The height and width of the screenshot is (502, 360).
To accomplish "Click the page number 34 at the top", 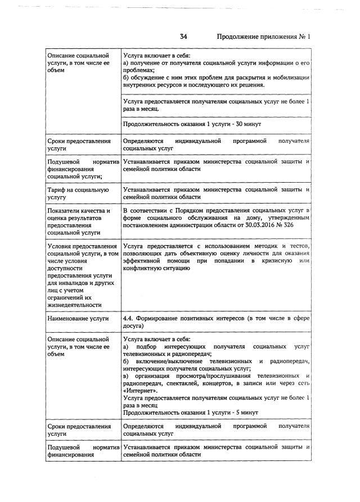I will tap(183, 37).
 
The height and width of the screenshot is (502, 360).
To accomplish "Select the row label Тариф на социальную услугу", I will tap(70, 194).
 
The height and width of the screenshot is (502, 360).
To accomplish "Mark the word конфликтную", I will tap(145, 269).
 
